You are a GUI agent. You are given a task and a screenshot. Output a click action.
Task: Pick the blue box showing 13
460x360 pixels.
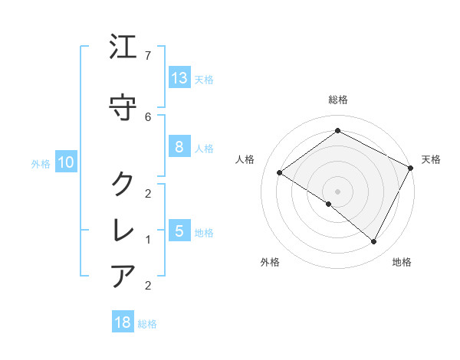pyautogui.click(x=179, y=78)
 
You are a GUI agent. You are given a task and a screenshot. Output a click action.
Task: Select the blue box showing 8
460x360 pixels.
pyautogui.click(x=179, y=147)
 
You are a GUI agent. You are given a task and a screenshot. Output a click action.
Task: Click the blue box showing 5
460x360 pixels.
pyautogui.click(x=179, y=231)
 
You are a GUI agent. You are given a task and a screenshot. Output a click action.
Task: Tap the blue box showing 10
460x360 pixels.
pyautogui.click(x=66, y=162)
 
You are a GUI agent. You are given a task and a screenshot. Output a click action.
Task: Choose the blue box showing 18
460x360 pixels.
pyautogui.click(x=123, y=322)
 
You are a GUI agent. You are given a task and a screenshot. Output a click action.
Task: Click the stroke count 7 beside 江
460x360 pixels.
pyautogui.click(x=148, y=56)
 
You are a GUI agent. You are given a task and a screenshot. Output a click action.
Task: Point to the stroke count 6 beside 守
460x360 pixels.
pyautogui.click(x=148, y=116)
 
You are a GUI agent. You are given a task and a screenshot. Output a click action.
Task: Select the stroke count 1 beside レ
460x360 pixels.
pyautogui.click(x=148, y=240)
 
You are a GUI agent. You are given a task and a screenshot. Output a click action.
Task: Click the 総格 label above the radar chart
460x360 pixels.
pyautogui.click(x=337, y=100)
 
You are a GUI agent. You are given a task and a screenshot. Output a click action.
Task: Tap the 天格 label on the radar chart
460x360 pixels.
pyautogui.click(x=431, y=159)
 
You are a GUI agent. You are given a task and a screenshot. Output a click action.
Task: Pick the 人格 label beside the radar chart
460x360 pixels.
pyautogui.click(x=245, y=159)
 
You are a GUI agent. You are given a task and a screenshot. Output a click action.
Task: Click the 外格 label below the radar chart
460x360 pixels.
pyautogui.click(x=270, y=262)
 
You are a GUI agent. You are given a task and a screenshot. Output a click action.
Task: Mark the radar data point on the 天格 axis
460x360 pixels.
pyautogui.click(x=411, y=168)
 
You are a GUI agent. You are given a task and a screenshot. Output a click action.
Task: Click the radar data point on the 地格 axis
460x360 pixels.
pyautogui.click(x=374, y=242)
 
